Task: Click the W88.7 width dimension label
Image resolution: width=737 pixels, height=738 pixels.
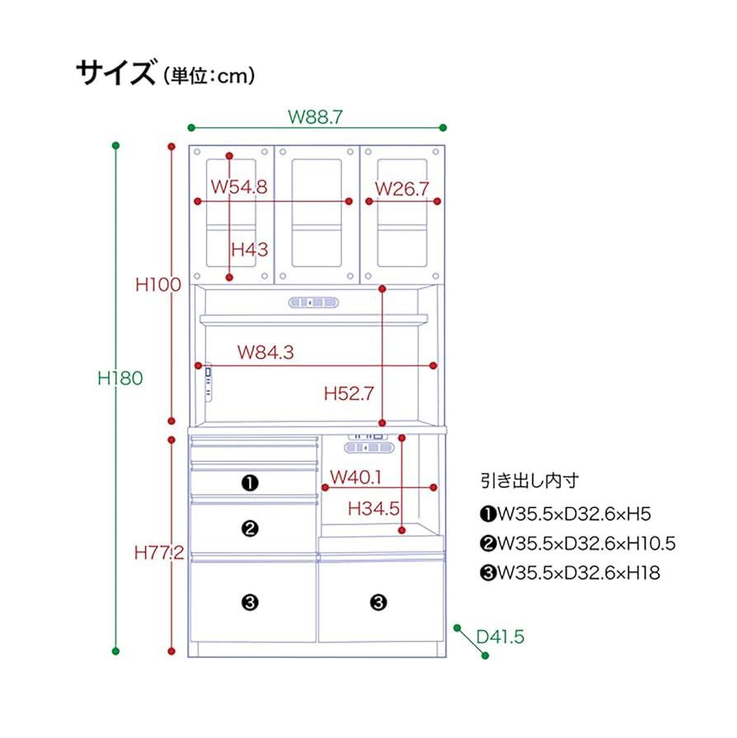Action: pyautogui.click(x=315, y=116)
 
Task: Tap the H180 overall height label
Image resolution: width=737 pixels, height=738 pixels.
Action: pyautogui.click(x=120, y=378)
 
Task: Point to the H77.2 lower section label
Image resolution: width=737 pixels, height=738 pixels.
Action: pyautogui.click(x=159, y=553)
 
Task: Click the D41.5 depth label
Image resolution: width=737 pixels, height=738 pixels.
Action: pyautogui.click(x=500, y=637)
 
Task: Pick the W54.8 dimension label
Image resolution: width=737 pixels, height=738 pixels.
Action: pyautogui.click(x=238, y=187)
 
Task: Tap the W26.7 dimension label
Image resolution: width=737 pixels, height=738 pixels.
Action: pyautogui.click(x=402, y=188)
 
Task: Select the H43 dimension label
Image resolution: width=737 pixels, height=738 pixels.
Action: pyautogui.click(x=249, y=249)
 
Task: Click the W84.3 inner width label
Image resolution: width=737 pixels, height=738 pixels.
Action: pyautogui.click(x=265, y=353)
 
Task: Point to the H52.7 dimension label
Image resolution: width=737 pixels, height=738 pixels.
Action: pyautogui.click(x=349, y=394)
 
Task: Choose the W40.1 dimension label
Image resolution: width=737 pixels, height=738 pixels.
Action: pyautogui.click(x=355, y=477)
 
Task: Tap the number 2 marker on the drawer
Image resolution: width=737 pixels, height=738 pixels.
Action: pyautogui.click(x=251, y=529)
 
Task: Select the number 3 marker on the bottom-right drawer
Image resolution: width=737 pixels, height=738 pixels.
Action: pyautogui.click(x=378, y=603)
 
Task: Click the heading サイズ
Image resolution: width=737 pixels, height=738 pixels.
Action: pyautogui.click(x=115, y=74)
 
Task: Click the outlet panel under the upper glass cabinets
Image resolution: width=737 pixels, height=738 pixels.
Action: pyautogui.click(x=314, y=303)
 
